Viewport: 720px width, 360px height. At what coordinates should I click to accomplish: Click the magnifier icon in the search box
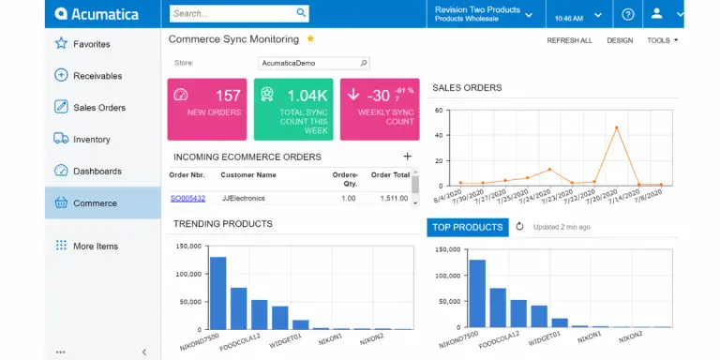pyautogui.click(x=301, y=13)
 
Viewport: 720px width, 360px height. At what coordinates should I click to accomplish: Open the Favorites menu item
pyautogui.click(x=91, y=44)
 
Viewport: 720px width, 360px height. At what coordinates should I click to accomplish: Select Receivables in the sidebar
pyautogui.click(x=97, y=76)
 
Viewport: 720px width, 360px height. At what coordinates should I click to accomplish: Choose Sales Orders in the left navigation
pyautogui.click(x=98, y=108)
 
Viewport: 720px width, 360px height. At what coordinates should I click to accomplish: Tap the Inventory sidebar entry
pyautogui.click(x=91, y=140)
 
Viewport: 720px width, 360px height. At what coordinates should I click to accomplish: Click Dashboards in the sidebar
pyautogui.click(x=97, y=172)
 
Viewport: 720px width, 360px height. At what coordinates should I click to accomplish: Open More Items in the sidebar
pyautogui.click(x=96, y=247)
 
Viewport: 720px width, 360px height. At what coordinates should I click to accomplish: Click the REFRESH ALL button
pyautogui.click(x=569, y=40)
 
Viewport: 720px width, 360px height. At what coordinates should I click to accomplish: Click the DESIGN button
pyautogui.click(x=620, y=40)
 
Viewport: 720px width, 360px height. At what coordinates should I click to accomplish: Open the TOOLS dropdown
pyautogui.click(x=662, y=40)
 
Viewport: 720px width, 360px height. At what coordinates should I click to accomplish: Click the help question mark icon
pyautogui.click(x=628, y=14)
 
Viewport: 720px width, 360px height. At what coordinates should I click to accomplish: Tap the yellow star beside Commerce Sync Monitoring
pyautogui.click(x=310, y=39)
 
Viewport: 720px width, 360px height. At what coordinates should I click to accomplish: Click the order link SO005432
pyautogui.click(x=187, y=198)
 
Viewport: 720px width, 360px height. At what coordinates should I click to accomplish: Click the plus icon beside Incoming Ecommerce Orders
pyautogui.click(x=407, y=157)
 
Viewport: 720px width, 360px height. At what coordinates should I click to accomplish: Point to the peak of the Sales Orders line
pyautogui.click(x=616, y=127)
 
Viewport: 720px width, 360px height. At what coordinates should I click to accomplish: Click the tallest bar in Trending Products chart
pyautogui.click(x=217, y=292)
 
